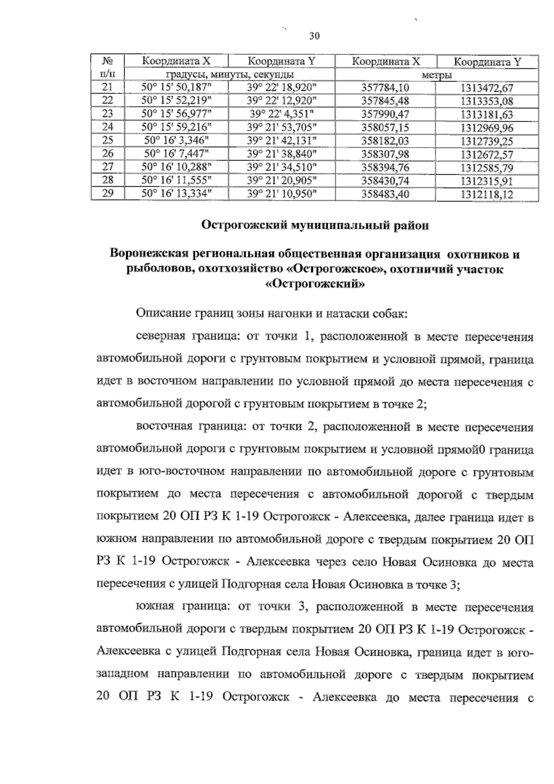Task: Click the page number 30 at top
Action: click(314, 36)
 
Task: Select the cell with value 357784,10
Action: click(385, 88)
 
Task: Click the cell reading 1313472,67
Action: click(487, 88)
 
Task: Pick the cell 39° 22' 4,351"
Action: click(282, 114)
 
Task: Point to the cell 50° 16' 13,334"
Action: click(176, 194)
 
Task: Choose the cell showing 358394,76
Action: click(385, 167)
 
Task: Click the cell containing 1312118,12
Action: click(487, 194)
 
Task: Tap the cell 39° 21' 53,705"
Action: click(282, 127)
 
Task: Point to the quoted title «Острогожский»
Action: click(316, 284)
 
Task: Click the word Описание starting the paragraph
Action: click(159, 315)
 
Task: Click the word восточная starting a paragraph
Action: click(164, 427)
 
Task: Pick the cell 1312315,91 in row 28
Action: click(487, 181)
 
